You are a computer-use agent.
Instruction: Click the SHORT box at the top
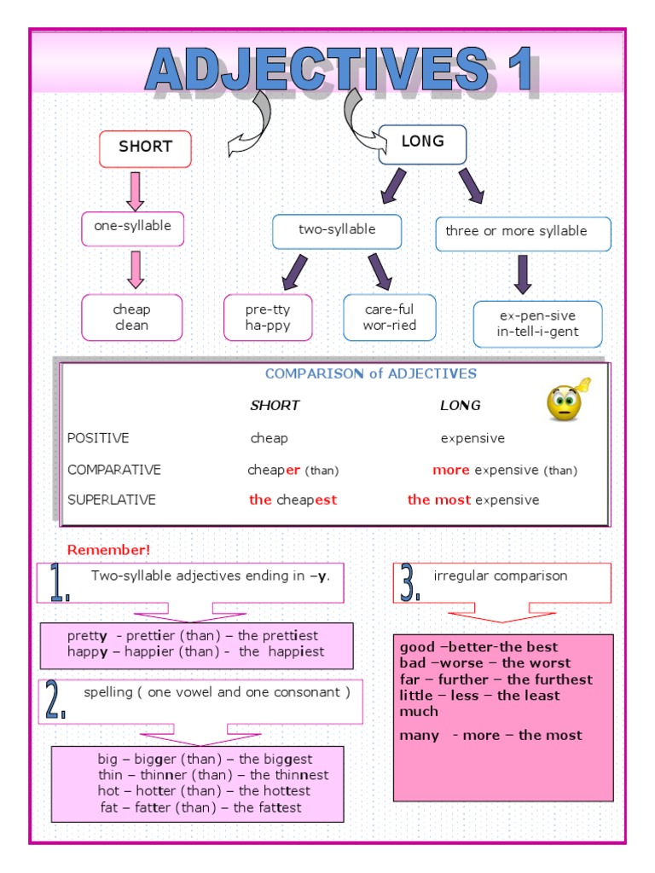coord(145,148)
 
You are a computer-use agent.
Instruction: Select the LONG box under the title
coord(422,143)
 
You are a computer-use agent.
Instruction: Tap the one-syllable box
coord(132,228)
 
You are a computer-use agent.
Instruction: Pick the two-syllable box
coord(337,231)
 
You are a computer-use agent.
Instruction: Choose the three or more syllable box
coord(523,233)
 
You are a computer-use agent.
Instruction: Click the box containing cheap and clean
coord(131,317)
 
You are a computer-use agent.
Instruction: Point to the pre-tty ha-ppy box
coord(268,318)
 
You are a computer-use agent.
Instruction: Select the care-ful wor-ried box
coord(389,318)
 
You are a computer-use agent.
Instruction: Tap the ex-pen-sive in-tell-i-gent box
coord(537,324)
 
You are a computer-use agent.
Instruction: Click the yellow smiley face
coord(565,401)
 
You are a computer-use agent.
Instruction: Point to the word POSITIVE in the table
coord(98,438)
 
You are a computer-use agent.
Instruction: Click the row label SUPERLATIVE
coord(112,500)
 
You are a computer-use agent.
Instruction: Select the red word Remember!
coord(108,550)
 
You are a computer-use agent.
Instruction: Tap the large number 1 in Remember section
coord(59,583)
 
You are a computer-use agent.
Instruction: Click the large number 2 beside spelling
coord(56,701)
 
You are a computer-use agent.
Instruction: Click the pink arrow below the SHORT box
coord(135,191)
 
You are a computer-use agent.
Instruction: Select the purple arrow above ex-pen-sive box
coord(523,275)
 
